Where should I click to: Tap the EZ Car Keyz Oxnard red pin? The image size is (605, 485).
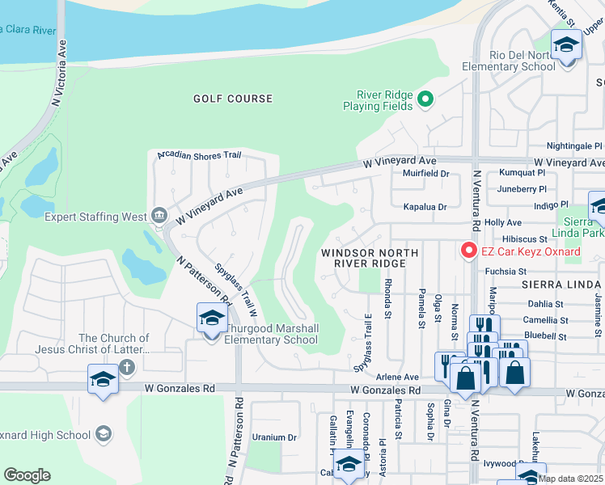(x=467, y=251)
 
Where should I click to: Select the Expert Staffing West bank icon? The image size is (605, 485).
(x=159, y=216)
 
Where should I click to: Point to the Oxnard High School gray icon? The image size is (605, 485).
(x=103, y=435)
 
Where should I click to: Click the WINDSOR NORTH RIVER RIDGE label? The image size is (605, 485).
(x=370, y=259)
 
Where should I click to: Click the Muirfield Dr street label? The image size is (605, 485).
(x=425, y=173)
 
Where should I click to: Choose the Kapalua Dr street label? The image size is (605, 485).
(x=425, y=207)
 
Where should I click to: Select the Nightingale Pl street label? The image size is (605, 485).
(x=574, y=146)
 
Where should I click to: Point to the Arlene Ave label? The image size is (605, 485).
(x=400, y=377)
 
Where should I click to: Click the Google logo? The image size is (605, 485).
(x=27, y=475)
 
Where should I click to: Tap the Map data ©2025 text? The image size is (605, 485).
(x=570, y=479)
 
